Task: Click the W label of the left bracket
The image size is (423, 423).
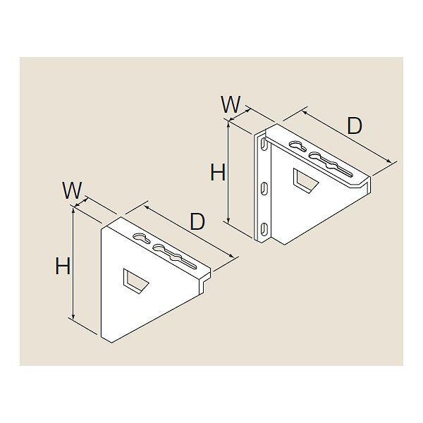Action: pos(73,190)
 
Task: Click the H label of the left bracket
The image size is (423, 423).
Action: pos(63,266)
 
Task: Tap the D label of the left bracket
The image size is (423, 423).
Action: pos(197,221)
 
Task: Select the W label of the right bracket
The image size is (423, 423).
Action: pos(230,104)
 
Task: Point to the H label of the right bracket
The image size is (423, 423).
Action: pos(218,171)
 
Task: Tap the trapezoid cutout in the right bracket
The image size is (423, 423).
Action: pos(305,181)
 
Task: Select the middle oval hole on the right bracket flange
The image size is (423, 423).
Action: pos(263,188)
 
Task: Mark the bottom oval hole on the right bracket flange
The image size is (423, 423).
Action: pos(263,228)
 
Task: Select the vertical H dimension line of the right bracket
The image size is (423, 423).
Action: pos(229,173)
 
